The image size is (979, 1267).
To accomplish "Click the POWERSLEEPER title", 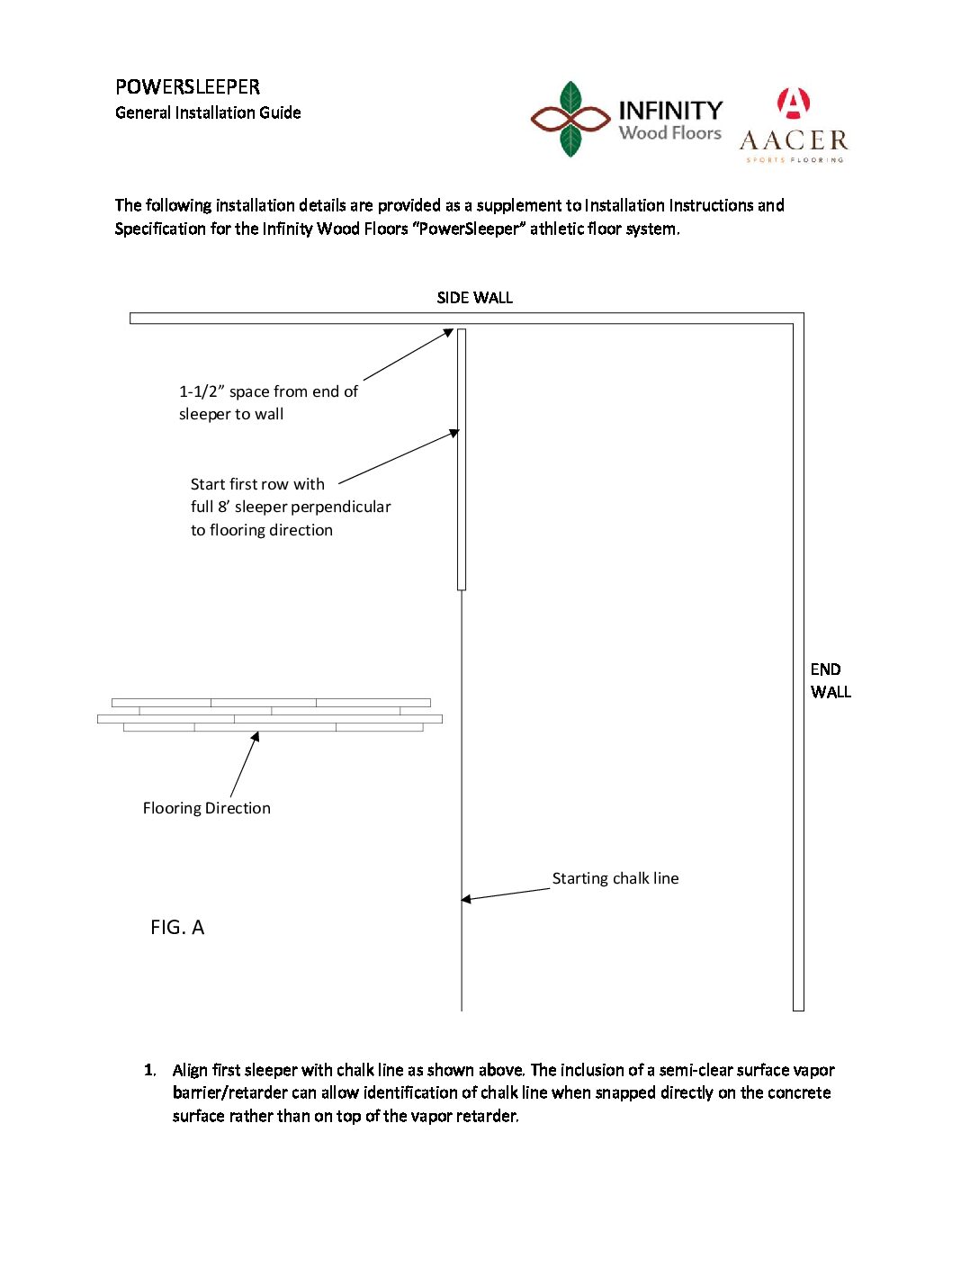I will [187, 86].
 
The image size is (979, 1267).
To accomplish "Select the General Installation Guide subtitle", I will [208, 112].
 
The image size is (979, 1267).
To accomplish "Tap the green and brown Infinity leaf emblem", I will [570, 119].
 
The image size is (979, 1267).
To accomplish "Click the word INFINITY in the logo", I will [670, 110].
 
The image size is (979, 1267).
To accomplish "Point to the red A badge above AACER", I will [793, 103].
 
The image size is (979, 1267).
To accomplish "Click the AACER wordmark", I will [793, 140].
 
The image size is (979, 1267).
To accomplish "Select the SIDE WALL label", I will [474, 298].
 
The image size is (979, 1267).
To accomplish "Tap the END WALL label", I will [830, 680].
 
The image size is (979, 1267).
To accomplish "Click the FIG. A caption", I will [177, 928].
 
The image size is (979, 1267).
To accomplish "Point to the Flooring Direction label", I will [206, 808].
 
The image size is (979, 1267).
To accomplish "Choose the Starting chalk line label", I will [615, 878].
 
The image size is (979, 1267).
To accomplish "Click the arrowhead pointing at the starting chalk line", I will [466, 899].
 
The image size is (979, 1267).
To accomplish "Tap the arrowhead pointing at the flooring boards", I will [256, 737].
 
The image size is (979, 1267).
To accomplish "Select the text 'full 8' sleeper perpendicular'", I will [291, 507].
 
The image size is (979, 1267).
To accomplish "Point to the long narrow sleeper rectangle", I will [462, 459].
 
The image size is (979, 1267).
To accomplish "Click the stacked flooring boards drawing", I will [270, 714].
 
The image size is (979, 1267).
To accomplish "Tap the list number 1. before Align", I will [149, 1070].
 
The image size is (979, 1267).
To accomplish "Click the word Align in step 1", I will [190, 1070].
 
